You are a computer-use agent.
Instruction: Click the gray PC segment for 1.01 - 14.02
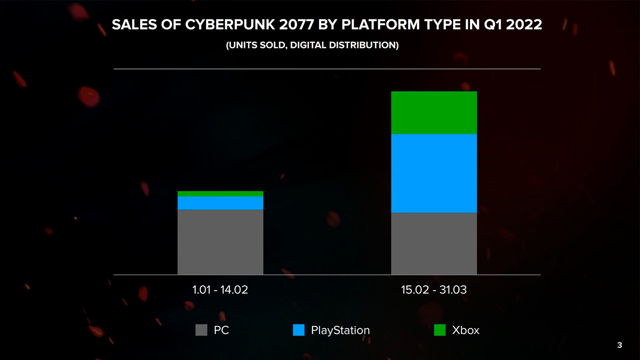tap(220, 242)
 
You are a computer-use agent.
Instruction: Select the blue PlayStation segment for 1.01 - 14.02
tap(220, 203)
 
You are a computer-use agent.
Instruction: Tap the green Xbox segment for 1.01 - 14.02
tap(220, 193)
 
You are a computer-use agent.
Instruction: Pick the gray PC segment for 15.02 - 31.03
tap(434, 243)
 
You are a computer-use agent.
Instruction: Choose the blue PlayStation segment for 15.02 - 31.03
tap(434, 173)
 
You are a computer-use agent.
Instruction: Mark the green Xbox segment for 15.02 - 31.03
tap(434, 113)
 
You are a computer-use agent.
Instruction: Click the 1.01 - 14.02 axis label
tap(220, 290)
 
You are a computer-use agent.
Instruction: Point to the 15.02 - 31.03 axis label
tap(434, 290)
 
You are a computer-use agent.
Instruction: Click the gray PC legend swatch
tap(201, 330)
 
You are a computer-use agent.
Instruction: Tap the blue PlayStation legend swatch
tap(298, 330)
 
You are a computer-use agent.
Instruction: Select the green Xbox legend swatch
tap(439, 330)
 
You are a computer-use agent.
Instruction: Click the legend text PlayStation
tap(340, 330)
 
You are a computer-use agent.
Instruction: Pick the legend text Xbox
tap(465, 330)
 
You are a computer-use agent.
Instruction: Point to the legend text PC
tap(221, 330)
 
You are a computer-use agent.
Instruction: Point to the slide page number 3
tap(620, 345)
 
